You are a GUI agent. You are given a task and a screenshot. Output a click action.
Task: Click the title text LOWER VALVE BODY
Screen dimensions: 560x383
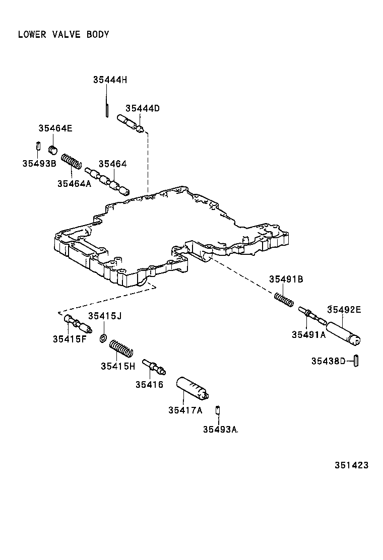pyautogui.click(x=63, y=35)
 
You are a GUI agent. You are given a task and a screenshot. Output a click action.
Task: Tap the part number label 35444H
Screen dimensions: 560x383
pyautogui.click(x=110, y=80)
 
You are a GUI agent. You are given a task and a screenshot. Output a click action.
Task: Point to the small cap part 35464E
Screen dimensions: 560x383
pyautogui.click(x=53, y=150)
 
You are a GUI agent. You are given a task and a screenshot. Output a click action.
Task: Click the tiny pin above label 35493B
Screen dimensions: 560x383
pyautogui.click(x=38, y=147)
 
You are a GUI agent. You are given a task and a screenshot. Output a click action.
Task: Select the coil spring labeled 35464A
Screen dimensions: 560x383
pyautogui.click(x=72, y=162)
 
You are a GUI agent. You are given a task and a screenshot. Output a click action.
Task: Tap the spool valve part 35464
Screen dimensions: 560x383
pyautogui.click(x=107, y=181)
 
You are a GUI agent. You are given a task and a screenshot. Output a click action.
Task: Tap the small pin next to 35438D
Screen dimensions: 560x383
pyautogui.click(x=355, y=361)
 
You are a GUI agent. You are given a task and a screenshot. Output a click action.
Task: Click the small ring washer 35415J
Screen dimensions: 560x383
pyautogui.click(x=103, y=338)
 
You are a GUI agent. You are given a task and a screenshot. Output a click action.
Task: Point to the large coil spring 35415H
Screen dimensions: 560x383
pyautogui.click(x=121, y=348)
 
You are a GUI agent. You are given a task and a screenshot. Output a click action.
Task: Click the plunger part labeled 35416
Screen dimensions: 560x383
pyautogui.click(x=154, y=367)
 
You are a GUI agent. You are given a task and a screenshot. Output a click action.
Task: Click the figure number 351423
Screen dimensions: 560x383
pyautogui.click(x=351, y=465)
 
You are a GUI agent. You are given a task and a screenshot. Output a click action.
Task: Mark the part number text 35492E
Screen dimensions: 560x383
pyautogui.click(x=344, y=310)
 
